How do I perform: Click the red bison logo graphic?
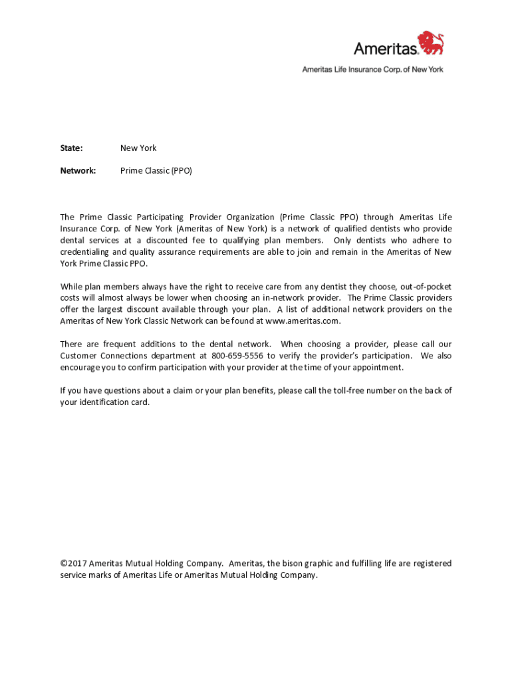tap(430, 43)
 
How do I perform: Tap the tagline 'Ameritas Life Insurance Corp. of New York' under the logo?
tap(372, 69)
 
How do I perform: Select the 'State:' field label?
tap(72, 148)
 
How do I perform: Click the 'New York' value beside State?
tap(138, 148)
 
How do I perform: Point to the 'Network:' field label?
tap(78, 170)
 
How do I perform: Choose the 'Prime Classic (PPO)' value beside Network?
tap(156, 170)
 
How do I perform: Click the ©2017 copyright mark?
tap(73, 563)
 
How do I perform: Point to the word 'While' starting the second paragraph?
tap(71, 286)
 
